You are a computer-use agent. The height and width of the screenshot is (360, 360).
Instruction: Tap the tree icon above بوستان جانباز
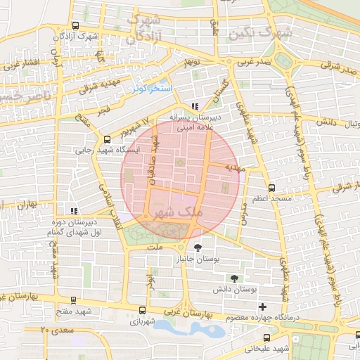pyautogui.click(x=198, y=247)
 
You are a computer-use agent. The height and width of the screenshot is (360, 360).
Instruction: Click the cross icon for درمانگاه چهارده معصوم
pyautogui.click(x=263, y=307)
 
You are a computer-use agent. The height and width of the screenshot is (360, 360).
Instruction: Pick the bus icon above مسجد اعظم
pyautogui.click(x=272, y=188)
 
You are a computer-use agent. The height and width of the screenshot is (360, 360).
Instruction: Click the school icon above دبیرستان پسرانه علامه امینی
pyautogui.click(x=195, y=106)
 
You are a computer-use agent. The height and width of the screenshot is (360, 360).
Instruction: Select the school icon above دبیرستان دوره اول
pyautogui.click(x=74, y=210)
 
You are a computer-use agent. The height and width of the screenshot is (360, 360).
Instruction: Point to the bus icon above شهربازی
pyautogui.click(x=143, y=309)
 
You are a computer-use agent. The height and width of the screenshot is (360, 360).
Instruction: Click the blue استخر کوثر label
pyautogui.click(x=148, y=89)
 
